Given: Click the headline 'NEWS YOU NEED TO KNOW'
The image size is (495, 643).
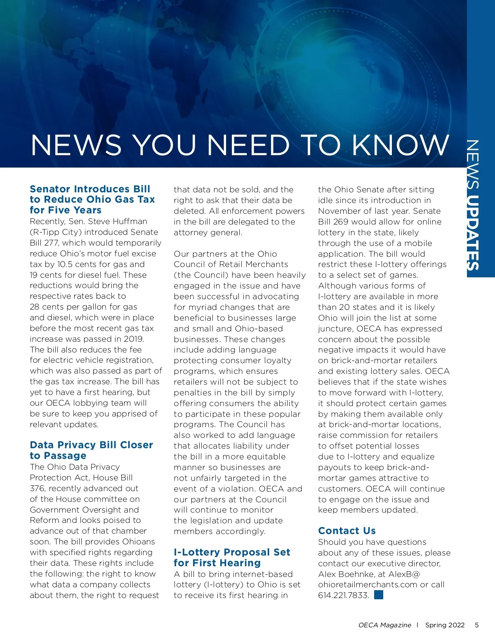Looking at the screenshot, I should point(240,145).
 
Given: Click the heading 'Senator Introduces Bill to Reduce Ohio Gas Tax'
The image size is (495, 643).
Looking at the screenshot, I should point(92,199).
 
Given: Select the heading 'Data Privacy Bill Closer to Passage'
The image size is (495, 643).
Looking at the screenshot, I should point(91,450).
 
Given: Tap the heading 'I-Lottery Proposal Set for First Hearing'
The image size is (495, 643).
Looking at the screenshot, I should point(232,558).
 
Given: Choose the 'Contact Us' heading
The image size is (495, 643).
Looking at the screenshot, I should point(346,531).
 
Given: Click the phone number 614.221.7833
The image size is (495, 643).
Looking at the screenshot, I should point(343,595).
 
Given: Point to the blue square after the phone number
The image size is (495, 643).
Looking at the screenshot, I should point(378,595).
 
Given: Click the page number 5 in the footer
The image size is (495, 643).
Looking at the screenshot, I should point(476,625).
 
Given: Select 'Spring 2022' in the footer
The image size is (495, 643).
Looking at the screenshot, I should point(445,625).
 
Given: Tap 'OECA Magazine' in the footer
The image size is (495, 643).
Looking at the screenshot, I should point(384,625).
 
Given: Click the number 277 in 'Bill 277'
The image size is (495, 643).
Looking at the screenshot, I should point(51,243).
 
